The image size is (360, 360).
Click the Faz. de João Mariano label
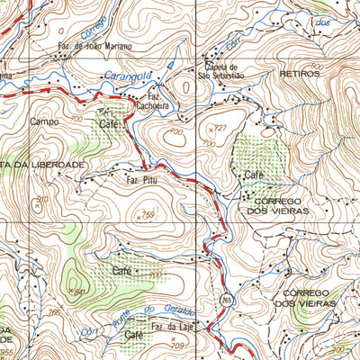(x=94, y=45)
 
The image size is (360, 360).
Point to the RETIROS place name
(x=299, y=74)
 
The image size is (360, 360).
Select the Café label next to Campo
(x=109, y=123)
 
